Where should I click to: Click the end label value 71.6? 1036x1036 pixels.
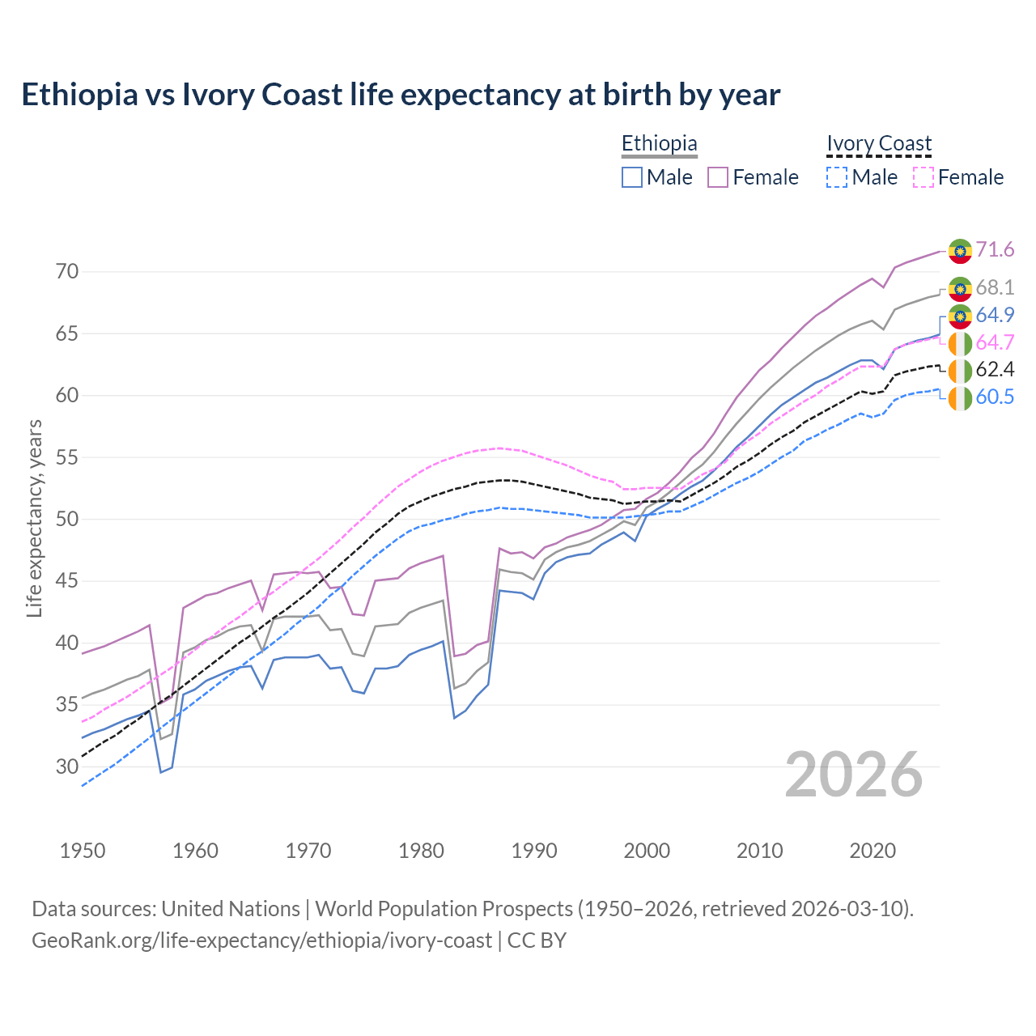(x=995, y=249)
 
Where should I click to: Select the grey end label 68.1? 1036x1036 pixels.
(x=995, y=287)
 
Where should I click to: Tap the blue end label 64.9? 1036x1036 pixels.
(x=995, y=315)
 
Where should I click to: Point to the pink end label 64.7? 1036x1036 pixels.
(x=995, y=342)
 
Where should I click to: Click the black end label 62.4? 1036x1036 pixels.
(x=995, y=370)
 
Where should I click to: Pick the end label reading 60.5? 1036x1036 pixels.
(x=995, y=397)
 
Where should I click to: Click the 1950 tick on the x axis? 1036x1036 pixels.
(x=83, y=851)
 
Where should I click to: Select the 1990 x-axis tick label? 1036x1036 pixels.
(x=534, y=851)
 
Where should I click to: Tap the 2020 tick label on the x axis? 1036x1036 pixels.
(x=873, y=851)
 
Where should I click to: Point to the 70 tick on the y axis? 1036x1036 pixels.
(x=67, y=271)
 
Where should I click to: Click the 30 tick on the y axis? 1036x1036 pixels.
(x=67, y=766)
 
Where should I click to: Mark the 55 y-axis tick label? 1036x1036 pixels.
(x=67, y=457)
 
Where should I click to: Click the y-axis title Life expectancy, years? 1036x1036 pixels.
(x=34, y=518)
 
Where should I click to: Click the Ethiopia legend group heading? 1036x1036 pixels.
(x=659, y=143)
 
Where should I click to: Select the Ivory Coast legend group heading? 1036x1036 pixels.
(x=879, y=143)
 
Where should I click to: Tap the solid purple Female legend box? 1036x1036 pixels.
(x=718, y=177)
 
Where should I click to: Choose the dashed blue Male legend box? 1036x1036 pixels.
(x=837, y=177)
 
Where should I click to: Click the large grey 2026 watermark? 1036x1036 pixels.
(x=853, y=775)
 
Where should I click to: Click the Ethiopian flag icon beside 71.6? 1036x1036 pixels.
(x=960, y=251)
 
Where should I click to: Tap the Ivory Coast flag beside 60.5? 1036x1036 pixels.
(x=960, y=398)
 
